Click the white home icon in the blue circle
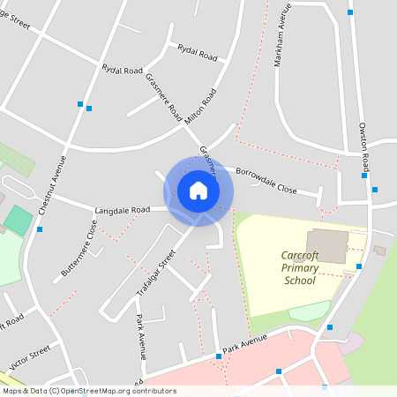198,191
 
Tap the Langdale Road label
124,210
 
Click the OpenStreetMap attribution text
77,390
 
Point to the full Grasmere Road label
163,97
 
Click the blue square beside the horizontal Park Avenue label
218,356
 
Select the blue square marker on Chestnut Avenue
39,229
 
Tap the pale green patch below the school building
310,310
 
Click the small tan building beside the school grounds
379,251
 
